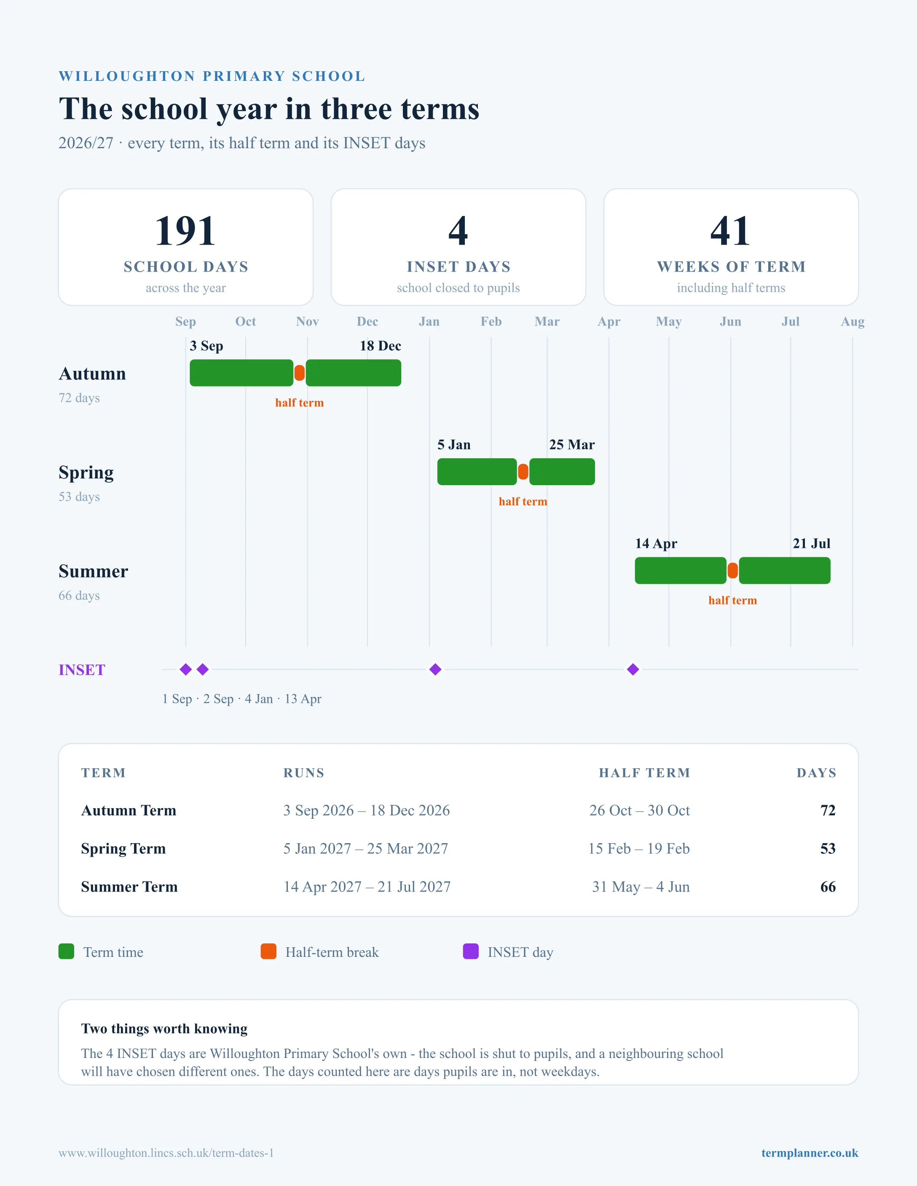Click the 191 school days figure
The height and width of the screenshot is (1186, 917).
pyautogui.click(x=185, y=231)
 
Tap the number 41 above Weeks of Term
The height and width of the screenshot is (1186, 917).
pyautogui.click(x=731, y=231)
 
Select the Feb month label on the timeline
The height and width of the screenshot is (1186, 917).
pyautogui.click(x=491, y=321)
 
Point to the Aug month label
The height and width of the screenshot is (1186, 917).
pyautogui.click(x=853, y=321)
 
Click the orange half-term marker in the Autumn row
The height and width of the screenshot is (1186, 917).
pyautogui.click(x=299, y=373)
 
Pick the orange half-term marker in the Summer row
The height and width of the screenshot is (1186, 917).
pyautogui.click(x=733, y=571)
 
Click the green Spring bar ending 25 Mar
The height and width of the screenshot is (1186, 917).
pyautogui.click(x=562, y=472)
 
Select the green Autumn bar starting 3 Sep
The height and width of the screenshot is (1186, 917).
pyautogui.click(x=241, y=373)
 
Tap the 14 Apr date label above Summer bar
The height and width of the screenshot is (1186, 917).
pyautogui.click(x=656, y=544)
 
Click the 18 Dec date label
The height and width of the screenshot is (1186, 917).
pyautogui.click(x=380, y=346)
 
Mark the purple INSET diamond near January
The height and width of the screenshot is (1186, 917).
pyautogui.click(x=435, y=670)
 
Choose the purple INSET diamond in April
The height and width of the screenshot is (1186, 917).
pyautogui.click(x=633, y=670)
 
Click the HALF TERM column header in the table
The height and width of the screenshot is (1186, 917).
pyautogui.click(x=644, y=773)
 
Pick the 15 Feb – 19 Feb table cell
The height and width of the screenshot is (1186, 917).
pyautogui.click(x=639, y=848)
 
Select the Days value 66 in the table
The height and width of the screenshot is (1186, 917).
pyautogui.click(x=828, y=887)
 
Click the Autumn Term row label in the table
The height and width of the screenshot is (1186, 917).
pyautogui.click(x=129, y=810)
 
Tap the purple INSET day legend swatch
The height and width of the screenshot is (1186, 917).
pyautogui.click(x=470, y=951)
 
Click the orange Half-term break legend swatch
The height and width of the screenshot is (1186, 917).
pyautogui.click(x=268, y=951)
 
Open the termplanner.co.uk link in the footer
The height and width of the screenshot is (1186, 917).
pyautogui.click(x=810, y=1153)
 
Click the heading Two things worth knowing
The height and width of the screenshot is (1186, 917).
pyautogui.click(x=164, y=1028)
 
